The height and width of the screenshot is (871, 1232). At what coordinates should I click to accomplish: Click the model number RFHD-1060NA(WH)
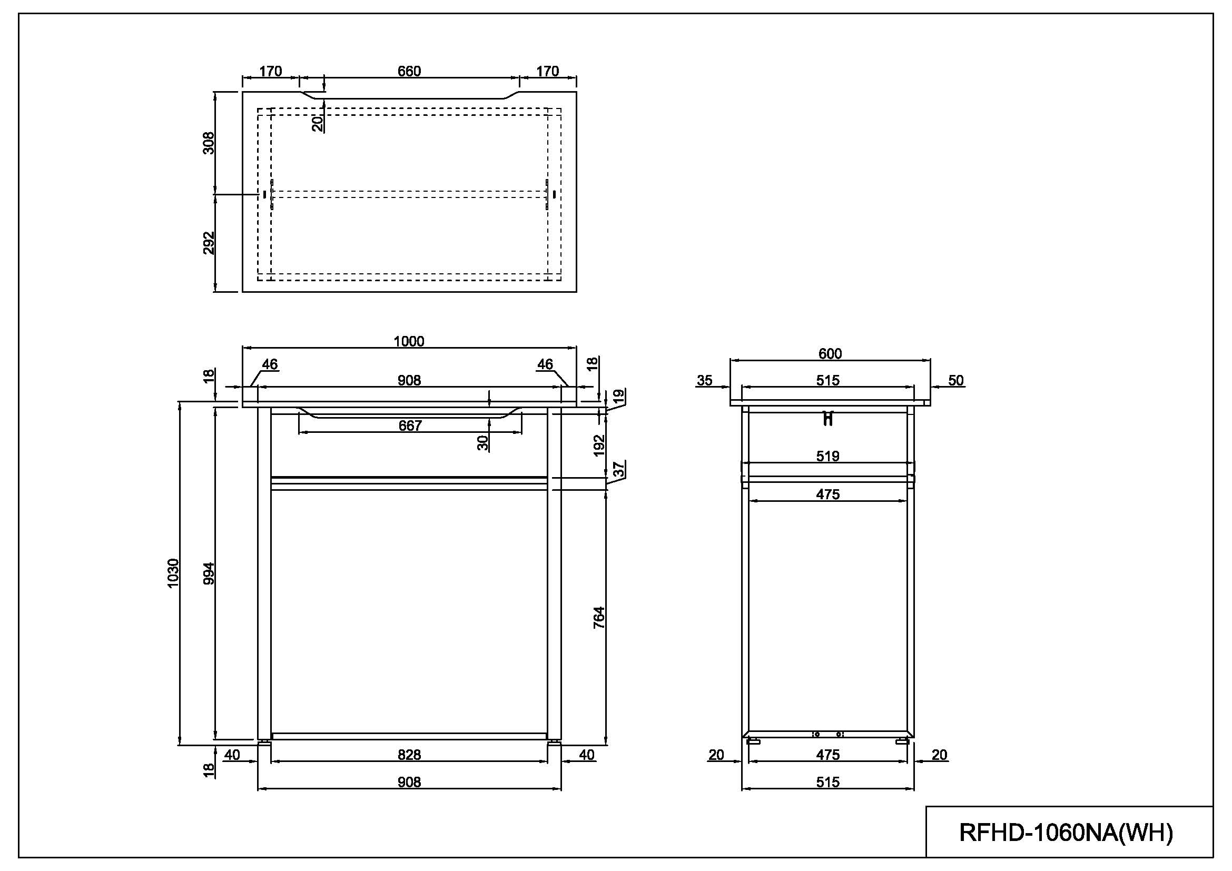tap(1066, 833)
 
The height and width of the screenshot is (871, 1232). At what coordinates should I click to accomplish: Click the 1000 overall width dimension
tap(409, 341)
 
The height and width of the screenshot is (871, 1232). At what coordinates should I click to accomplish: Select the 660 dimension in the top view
tap(409, 71)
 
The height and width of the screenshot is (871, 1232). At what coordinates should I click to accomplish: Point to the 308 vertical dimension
tap(209, 143)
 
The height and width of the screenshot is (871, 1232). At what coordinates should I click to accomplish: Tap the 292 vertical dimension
tap(209, 242)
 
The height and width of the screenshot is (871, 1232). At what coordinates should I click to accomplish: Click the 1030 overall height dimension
tap(173, 573)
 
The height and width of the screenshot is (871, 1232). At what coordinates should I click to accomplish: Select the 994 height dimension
tap(209, 573)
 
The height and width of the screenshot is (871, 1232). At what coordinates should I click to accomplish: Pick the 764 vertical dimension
tap(599, 617)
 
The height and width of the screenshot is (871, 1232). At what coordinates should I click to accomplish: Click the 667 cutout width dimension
tap(410, 425)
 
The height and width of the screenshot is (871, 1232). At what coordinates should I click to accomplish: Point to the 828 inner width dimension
tap(409, 755)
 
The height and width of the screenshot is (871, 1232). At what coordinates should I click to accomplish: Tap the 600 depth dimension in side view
tap(830, 353)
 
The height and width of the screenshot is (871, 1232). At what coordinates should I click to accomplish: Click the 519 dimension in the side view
tap(827, 456)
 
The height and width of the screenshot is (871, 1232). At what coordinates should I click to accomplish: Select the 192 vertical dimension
tap(599, 445)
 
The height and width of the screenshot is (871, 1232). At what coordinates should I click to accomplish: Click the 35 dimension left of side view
tap(704, 380)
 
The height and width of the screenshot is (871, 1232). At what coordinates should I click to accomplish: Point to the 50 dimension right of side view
tap(955, 380)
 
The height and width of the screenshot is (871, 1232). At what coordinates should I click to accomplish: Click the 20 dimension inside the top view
tap(318, 123)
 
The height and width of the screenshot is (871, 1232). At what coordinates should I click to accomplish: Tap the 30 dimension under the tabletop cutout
tap(483, 442)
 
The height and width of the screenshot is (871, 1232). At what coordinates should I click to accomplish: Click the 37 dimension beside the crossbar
tap(619, 469)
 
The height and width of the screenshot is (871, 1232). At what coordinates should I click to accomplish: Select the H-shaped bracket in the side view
tap(829, 418)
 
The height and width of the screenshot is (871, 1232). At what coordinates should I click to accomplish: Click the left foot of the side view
tap(753, 742)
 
